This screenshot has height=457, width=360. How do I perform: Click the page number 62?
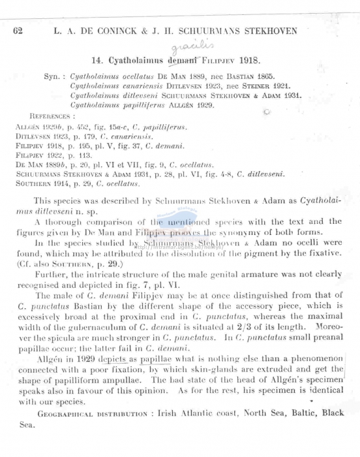point(18,31)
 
